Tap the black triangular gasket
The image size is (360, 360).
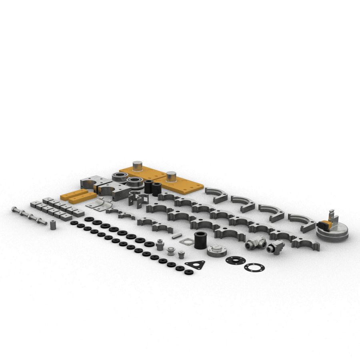click(x=196, y=266)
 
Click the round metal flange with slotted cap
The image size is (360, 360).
click(x=217, y=251)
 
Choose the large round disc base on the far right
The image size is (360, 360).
click(x=333, y=233)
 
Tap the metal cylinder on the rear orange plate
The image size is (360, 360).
click(x=138, y=166)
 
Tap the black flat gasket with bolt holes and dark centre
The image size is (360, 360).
click(x=235, y=260)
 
